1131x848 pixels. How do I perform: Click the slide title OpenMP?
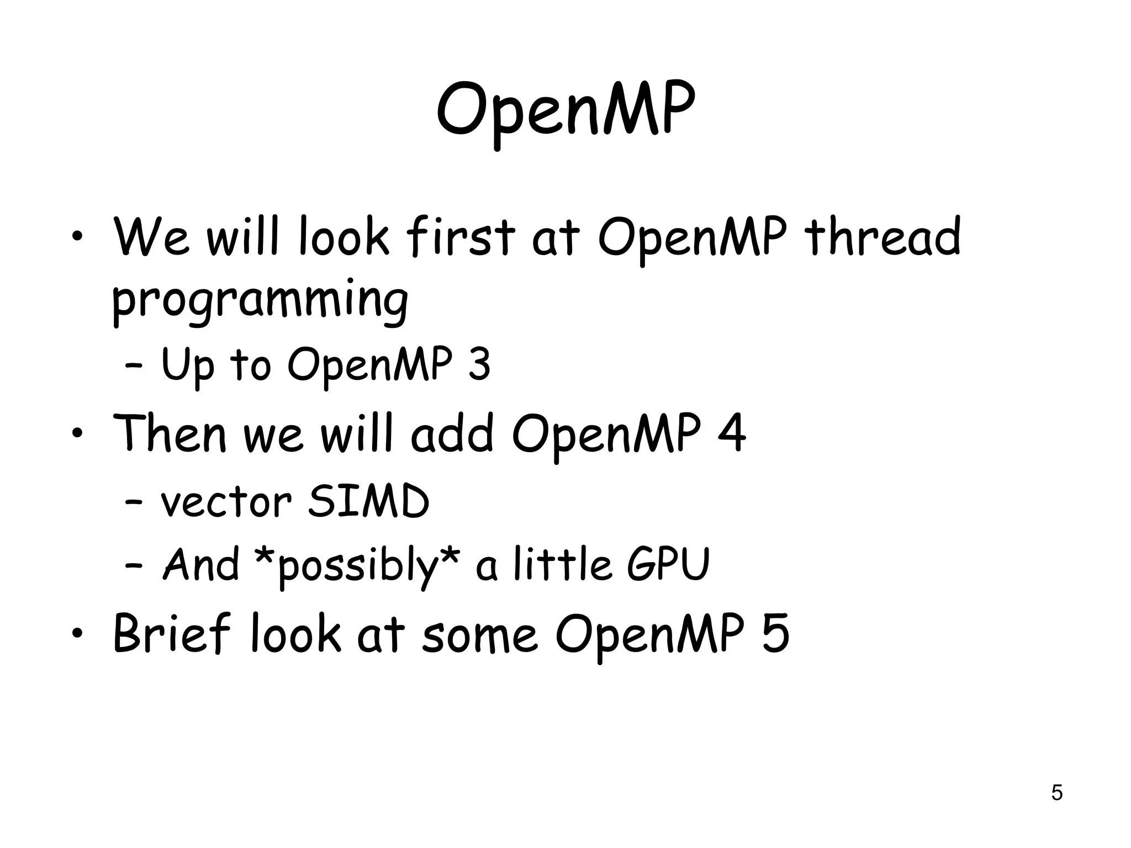[x=565, y=110]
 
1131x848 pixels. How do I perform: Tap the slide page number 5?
[x=1056, y=792]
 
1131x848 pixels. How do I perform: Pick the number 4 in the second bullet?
[x=731, y=434]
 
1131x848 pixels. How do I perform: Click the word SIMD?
[x=368, y=502]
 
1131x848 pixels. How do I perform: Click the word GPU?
[x=668, y=564]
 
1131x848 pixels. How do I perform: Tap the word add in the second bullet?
[x=452, y=434]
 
